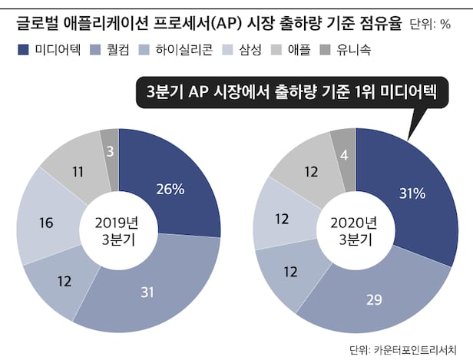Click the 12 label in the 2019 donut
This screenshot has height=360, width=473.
pyautogui.click(x=64, y=282)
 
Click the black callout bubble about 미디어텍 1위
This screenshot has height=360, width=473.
pyautogui.click(x=291, y=94)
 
